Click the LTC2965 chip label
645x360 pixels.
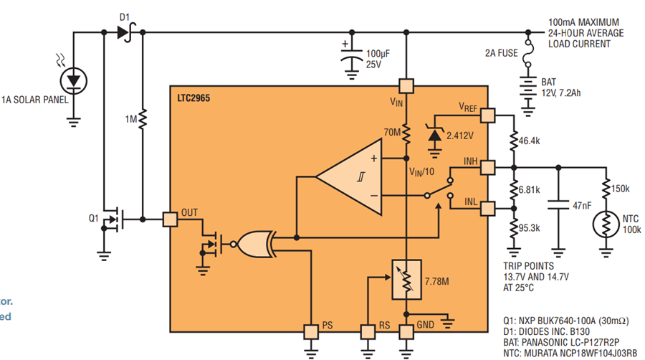(193, 98)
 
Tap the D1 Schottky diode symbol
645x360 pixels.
(126, 32)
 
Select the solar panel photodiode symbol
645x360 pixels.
(74, 81)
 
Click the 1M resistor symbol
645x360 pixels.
(143, 120)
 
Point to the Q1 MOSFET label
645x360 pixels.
(94, 217)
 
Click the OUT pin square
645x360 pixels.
(170, 219)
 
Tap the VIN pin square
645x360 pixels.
(406, 86)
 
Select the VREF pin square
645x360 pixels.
(487, 115)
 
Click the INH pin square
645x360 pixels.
(487, 168)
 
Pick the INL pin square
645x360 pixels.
(487, 209)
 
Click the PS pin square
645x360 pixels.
(311, 331)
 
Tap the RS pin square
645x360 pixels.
(368, 331)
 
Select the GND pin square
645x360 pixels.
(406, 331)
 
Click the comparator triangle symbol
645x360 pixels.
(349, 177)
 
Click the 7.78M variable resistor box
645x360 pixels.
(406, 280)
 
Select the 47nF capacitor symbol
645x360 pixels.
(558, 205)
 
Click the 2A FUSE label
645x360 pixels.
(502, 53)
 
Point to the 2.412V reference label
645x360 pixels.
(460, 136)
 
